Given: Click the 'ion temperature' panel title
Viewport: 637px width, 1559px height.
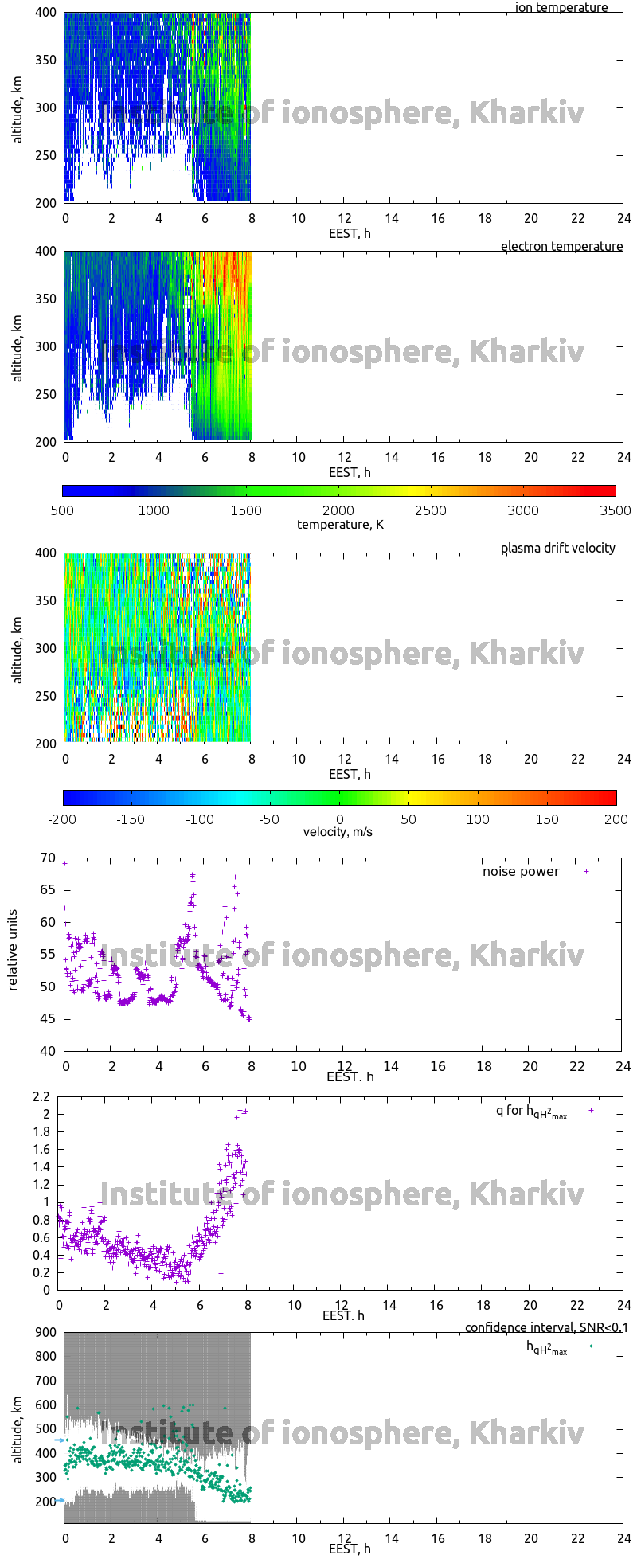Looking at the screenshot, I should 561,8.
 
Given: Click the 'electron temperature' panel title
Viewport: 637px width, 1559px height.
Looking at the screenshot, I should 561,247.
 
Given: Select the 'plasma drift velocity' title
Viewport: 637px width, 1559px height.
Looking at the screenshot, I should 557,549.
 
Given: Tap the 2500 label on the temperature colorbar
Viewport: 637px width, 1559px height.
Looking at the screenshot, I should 431,511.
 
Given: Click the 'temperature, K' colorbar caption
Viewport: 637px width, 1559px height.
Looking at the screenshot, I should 340,525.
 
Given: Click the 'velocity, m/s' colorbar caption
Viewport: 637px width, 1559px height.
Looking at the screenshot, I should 338,833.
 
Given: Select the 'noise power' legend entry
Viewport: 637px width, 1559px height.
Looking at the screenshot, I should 521,872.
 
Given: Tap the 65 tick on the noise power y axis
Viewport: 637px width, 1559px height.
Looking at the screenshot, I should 48,890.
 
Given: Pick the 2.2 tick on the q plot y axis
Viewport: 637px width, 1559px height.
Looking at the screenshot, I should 41,1096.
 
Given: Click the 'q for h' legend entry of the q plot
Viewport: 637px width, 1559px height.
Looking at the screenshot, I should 531,1112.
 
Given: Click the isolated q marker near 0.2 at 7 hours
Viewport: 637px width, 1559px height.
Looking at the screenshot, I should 221,1274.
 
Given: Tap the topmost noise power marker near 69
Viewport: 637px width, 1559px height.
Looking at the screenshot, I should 64,863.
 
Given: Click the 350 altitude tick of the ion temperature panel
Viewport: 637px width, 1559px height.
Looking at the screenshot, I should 46,60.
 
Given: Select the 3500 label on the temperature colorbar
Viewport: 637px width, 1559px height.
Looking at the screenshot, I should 616,511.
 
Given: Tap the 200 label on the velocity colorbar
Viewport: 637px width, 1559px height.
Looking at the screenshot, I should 616,819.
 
